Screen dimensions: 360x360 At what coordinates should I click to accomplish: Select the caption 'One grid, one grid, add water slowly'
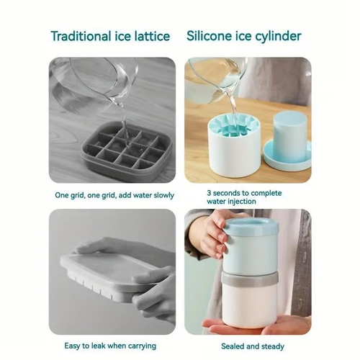pyautogui.click(x=112, y=195)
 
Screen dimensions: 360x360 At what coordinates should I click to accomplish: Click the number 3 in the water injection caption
pyautogui.click(x=209, y=193)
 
